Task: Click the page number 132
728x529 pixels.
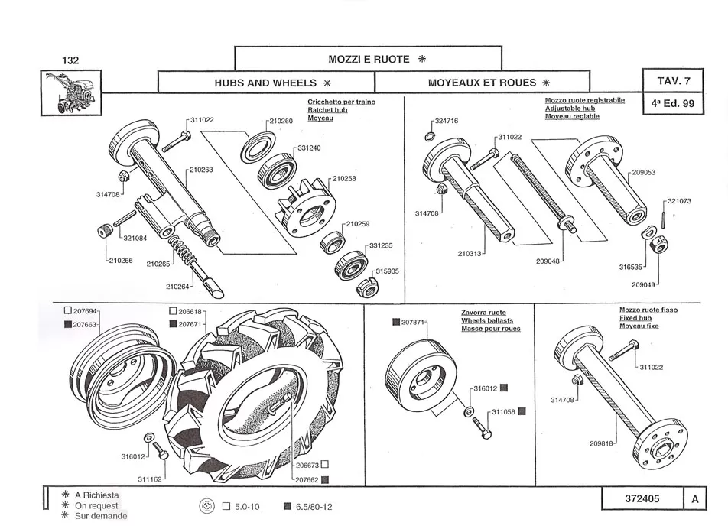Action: pyautogui.click(x=70, y=60)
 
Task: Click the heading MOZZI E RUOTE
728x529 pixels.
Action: pyautogui.click(x=369, y=59)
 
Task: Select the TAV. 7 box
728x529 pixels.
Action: pyautogui.click(x=673, y=80)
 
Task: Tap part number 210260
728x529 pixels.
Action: pyautogui.click(x=281, y=122)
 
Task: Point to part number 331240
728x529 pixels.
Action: pyautogui.click(x=309, y=148)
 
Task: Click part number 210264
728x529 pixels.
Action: pyautogui.click(x=177, y=287)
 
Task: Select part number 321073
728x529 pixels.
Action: pyautogui.click(x=679, y=201)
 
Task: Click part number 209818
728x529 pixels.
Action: pyautogui.click(x=602, y=443)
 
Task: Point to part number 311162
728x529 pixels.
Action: pyautogui.click(x=150, y=479)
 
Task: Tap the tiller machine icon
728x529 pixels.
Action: pyautogui.click(x=71, y=92)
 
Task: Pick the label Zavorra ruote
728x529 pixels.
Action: pyautogui.click(x=483, y=313)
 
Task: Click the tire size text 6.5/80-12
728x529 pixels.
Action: pyautogui.click(x=314, y=507)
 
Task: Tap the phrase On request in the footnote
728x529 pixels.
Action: pyautogui.click(x=96, y=506)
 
